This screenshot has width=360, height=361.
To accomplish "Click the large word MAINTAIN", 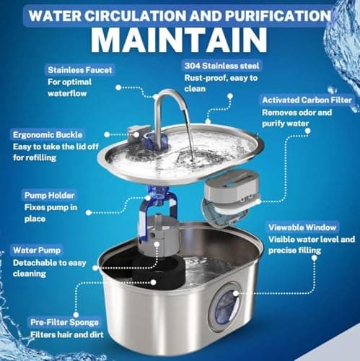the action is click(x=179, y=40).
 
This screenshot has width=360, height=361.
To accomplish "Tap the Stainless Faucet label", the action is click(x=80, y=70).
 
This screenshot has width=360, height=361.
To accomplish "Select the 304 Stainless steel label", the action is click(x=221, y=66).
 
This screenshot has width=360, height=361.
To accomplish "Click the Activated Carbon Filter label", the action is click(x=307, y=100).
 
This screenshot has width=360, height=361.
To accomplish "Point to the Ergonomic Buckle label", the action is click(x=48, y=135).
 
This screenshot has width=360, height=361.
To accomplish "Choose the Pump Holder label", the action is click(x=49, y=195).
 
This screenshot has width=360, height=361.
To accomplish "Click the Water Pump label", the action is click(x=37, y=251).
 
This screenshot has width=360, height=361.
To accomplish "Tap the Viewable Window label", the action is click(x=302, y=227).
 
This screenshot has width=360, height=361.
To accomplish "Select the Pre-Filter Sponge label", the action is click(x=64, y=322).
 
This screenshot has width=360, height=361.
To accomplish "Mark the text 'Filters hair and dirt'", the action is click(x=67, y=335).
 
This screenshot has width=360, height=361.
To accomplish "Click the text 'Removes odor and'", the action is click(x=297, y=113).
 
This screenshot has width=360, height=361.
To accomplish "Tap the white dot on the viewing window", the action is click(x=236, y=293).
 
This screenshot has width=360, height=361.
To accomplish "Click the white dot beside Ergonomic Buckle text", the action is click(x=107, y=135).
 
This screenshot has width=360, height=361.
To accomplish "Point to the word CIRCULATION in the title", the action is click(x=135, y=16).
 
